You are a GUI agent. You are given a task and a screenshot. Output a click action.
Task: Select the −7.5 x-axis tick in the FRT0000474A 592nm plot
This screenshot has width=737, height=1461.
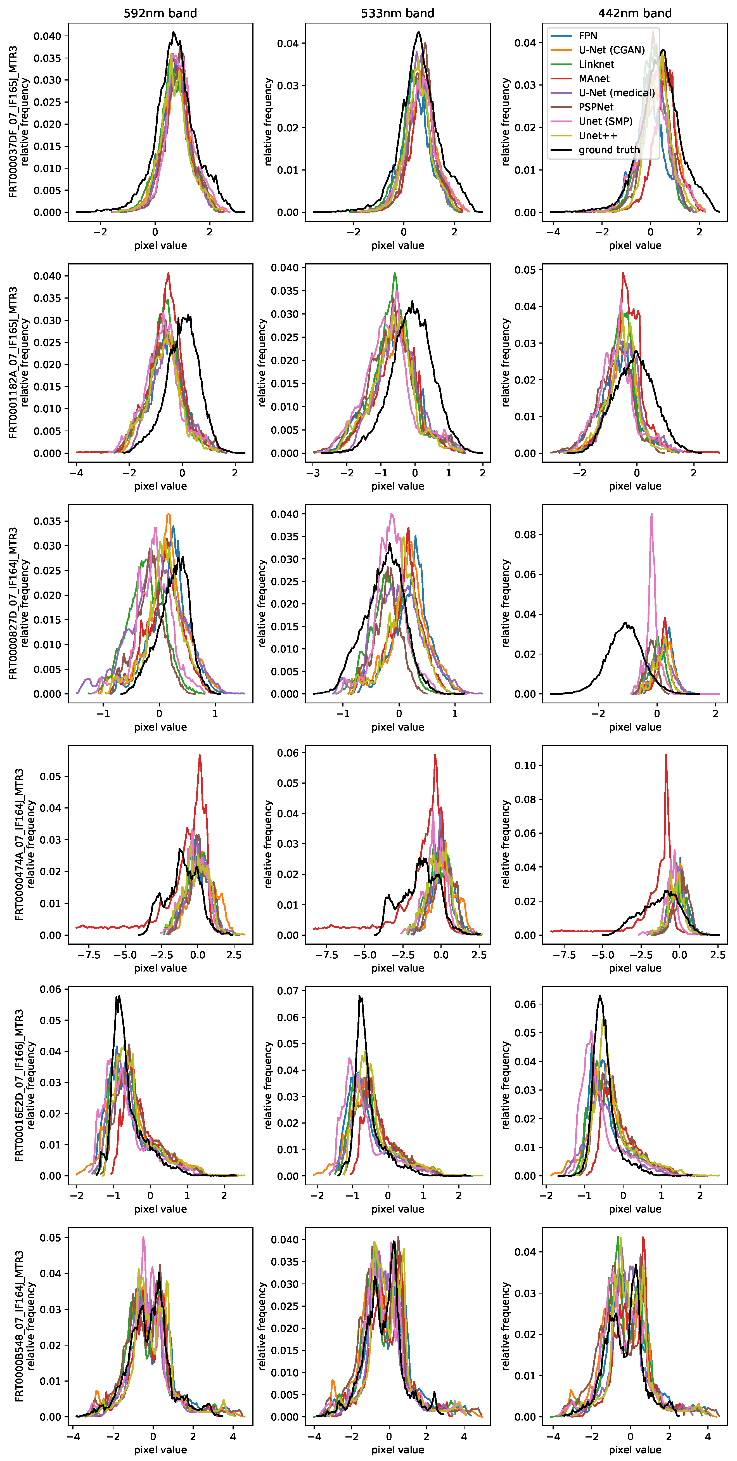(89, 955)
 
